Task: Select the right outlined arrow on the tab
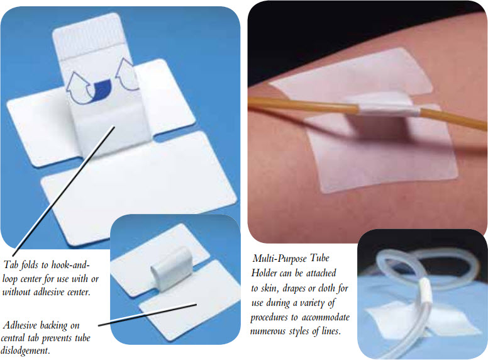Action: pos(126,74)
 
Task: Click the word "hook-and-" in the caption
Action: pos(70,265)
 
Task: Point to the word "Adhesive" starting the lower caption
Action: pos(19,325)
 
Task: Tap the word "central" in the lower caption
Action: pos(13,338)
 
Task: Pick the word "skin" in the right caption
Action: pos(270,289)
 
